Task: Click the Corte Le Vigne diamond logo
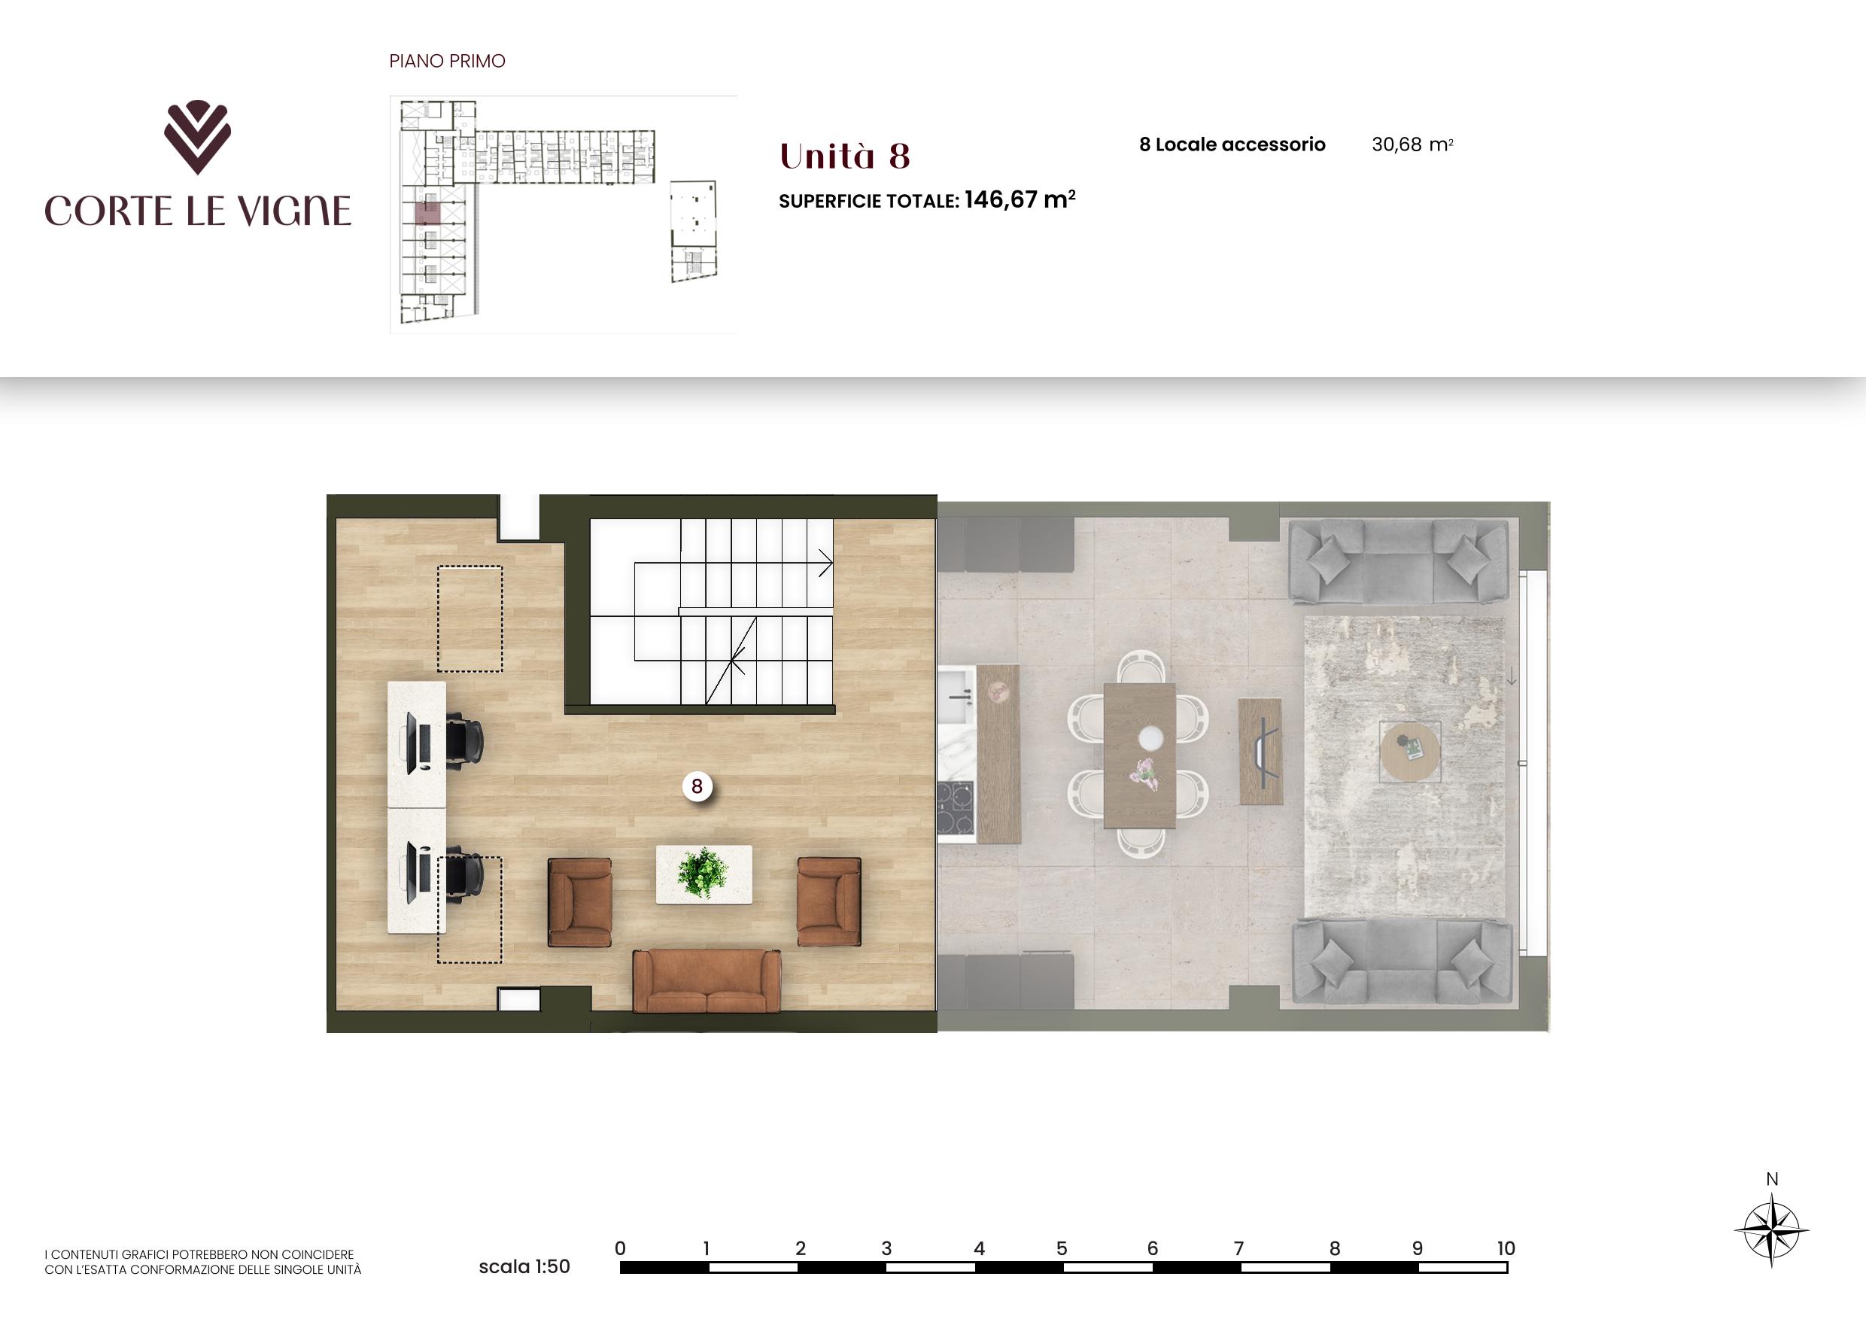pyautogui.click(x=197, y=136)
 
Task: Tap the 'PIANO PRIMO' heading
pyautogui.click(x=447, y=61)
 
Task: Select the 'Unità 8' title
pyautogui.click(x=844, y=156)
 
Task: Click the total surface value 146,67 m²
pyautogui.click(x=1020, y=199)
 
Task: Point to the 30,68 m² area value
pyautogui.click(x=1412, y=144)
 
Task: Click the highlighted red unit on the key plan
pyautogui.click(x=427, y=214)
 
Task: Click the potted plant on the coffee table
pyautogui.click(x=702, y=872)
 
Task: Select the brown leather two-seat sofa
pyautogui.click(x=707, y=981)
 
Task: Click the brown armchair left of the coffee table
pyautogui.click(x=579, y=902)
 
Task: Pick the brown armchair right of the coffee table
pyautogui.click(x=829, y=901)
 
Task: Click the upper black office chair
pyautogui.click(x=464, y=740)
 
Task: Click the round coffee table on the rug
pyautogui.click(x=1410, y=752)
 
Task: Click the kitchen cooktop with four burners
pyautogui.click(x=955, y=807)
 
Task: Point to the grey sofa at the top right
pyautogui.click(x=1398, y=562)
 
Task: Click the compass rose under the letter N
pyautogui.click(x=1771, y=1230)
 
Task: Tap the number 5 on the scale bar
pyautogui.click(x=1062, y=1248)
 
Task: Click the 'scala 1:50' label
pyautogui.click(x=524, y=1266)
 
